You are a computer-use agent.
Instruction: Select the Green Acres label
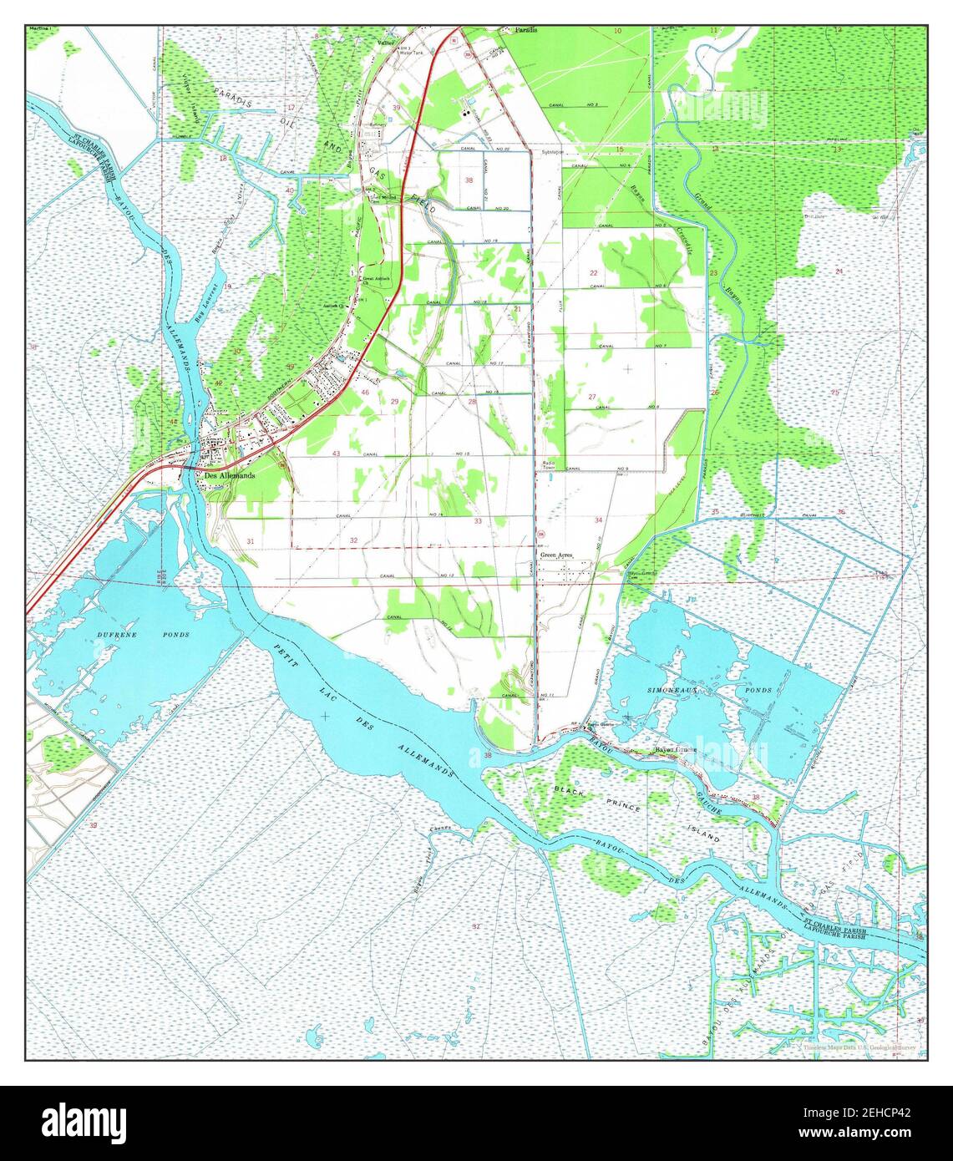click(x=558, y=555)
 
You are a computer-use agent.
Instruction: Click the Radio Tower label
click(x=549, y=465)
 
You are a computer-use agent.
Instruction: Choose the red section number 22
click(x=593, y=273)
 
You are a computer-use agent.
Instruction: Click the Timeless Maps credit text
click(x=859, y=1046)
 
